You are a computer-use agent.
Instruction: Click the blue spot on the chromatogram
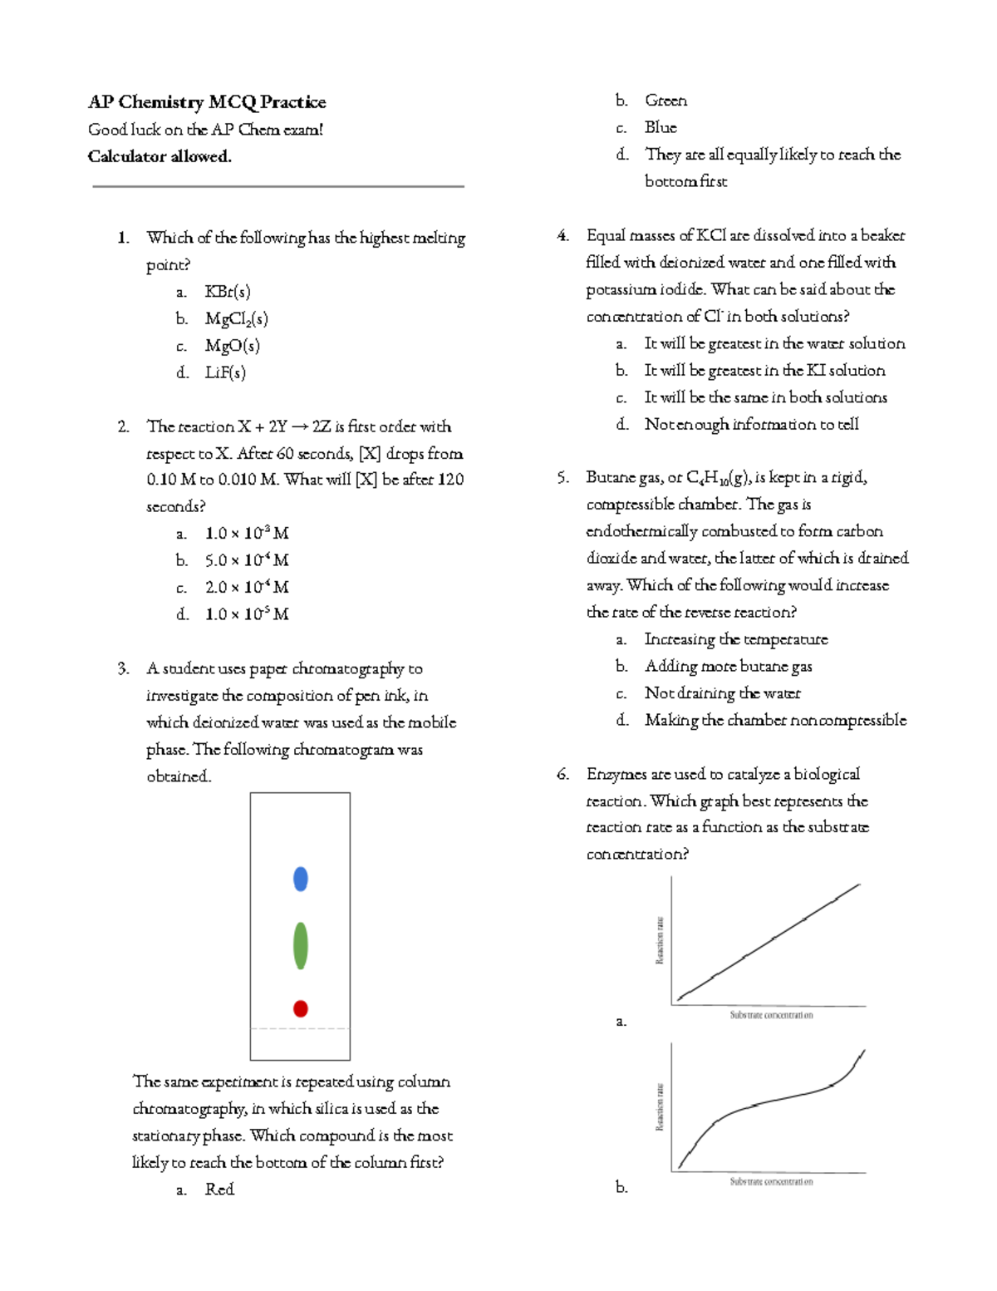click(x=301, y=879)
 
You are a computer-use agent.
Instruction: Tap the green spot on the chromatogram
click(x=301, y=945)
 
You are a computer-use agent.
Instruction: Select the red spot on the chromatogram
click(x=301, y=1008)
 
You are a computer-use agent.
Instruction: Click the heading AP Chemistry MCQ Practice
click(x=207, y=102)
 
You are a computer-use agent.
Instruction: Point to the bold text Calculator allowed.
click(x=160, y=156)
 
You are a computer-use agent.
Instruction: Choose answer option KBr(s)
click(x=228, y=292)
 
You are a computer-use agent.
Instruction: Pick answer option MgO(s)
click(x=233, y=346)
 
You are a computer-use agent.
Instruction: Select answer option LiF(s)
click(x=225, y=372)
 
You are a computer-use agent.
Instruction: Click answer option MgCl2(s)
click(x=237, y=319)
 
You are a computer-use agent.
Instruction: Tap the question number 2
click(x=123, y=426)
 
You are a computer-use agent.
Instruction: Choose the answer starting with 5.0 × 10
click(x=247, y=560)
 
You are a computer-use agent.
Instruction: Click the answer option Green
click(x=665, y=101)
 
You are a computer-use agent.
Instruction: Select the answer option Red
click(x=219, y=1190)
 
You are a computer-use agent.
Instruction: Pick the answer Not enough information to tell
click(x=751, y=424)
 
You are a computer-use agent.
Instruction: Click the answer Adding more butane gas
click(x=728, y=666)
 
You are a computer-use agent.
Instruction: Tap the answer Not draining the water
click(x=722, y=693)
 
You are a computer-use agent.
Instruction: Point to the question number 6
click(x=562, y=774)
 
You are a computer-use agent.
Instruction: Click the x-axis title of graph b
click(x=771, y=1181)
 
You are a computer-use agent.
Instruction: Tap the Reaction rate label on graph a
click(x=660, y=940)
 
